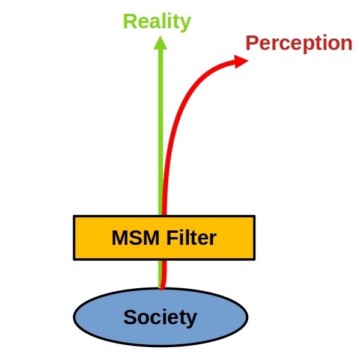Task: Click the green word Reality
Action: click(157, 22)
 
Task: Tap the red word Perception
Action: click(299, 43)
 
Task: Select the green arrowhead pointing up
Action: click(160, 43)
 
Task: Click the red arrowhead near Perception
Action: click(241, 61)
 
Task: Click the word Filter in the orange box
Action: click(192, 238)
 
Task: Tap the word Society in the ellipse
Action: click(160, 318)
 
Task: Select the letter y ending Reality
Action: click(185, 24)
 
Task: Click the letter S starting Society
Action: click(130, 317)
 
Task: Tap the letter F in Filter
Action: click(172, 238)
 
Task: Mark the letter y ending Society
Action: click(191, 320)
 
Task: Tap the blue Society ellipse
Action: click(160, 336)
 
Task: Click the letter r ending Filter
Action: click(213, 239)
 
